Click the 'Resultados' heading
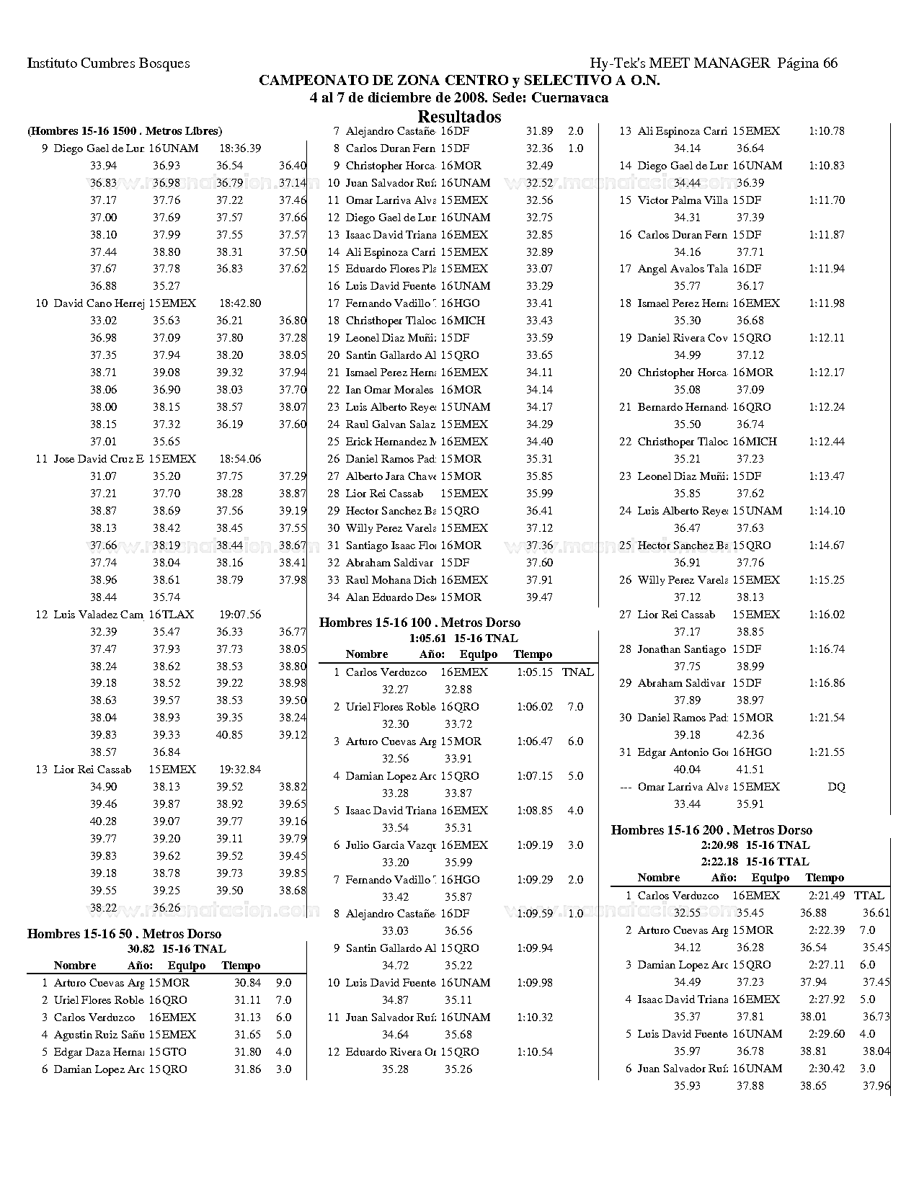459,116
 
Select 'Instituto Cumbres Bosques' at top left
108,63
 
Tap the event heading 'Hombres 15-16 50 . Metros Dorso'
124,934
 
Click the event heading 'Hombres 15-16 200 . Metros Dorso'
711,830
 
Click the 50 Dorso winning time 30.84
247,983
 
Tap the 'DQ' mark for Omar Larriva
836,787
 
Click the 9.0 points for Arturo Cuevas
284,983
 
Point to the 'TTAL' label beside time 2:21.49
869,896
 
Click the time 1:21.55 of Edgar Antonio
826,752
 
